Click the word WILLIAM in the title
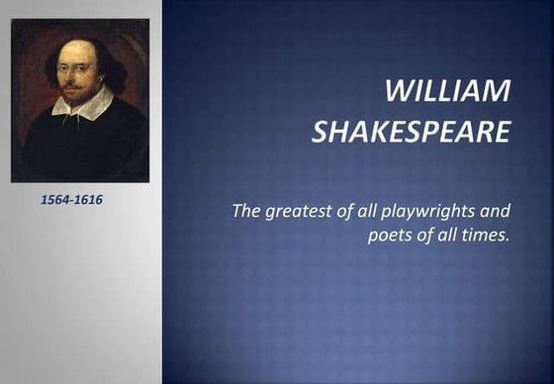pyautogui.click(x=447, y=93)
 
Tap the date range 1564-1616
pyautogui.click(x=71, y=200)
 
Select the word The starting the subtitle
pyautogui.click(x=246, y=211)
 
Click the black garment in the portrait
pyautogui.click(x=79, y=148)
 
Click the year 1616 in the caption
pyautogui.click(x=88, y=200)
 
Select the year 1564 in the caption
pyautogui.click(x=54, y=200)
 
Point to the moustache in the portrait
pyautogui.click(x=70, y=81)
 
